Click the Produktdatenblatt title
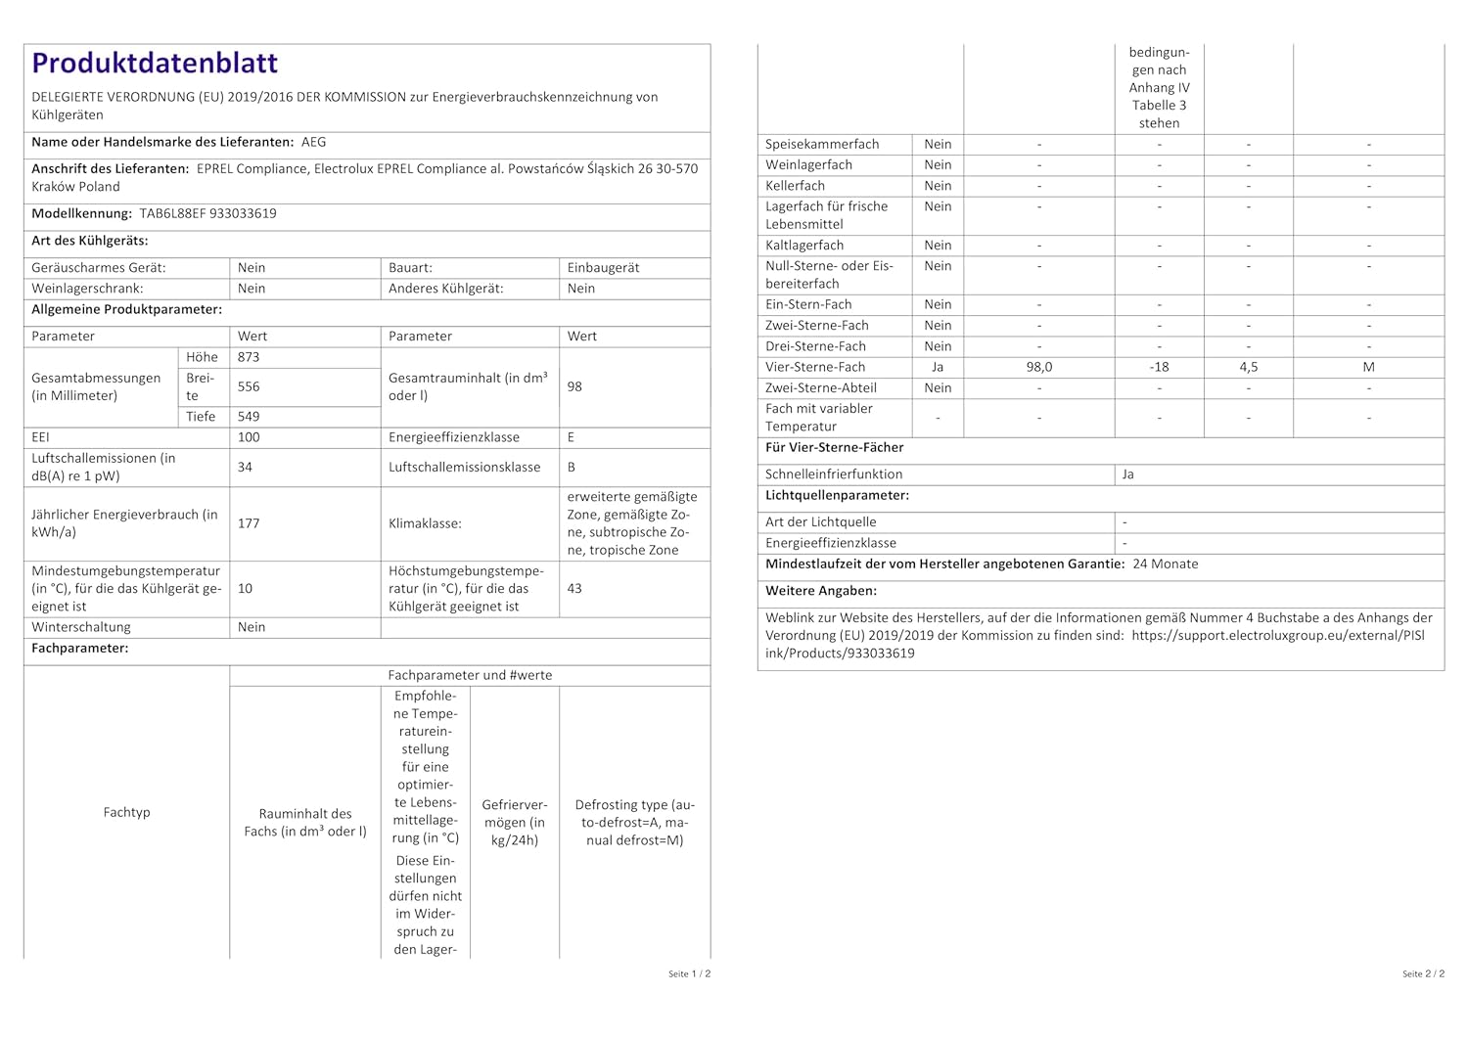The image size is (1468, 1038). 155,64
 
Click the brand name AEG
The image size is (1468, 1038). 314,142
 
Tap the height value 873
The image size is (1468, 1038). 249,357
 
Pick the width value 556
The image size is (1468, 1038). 249,386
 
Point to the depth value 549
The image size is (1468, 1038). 249,416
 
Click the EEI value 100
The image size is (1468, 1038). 249,437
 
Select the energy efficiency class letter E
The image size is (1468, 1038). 571,437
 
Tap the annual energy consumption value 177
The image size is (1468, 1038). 249,523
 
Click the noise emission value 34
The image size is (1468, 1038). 245,467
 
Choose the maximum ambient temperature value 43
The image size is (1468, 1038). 574,588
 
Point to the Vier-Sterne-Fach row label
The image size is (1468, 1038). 815,367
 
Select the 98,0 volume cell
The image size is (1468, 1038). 1039,367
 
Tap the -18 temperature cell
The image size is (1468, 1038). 1160,367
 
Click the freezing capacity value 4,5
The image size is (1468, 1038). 1249,367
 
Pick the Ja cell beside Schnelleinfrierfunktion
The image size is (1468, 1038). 1128,474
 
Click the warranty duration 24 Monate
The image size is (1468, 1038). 1166,564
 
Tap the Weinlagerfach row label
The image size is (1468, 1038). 808,164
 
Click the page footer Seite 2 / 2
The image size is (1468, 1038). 1423,973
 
